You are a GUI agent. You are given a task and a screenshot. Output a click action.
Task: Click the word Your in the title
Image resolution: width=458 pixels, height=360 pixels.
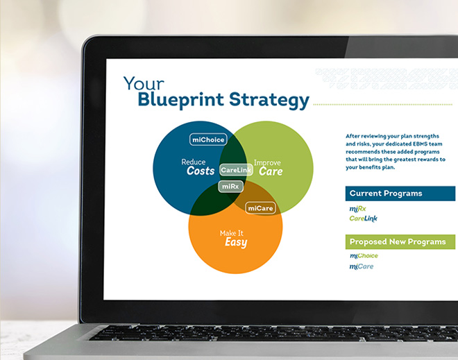click(x=144, y=83)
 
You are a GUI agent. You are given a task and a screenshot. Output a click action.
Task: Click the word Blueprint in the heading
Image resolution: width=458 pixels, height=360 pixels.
click(x=181, y=100)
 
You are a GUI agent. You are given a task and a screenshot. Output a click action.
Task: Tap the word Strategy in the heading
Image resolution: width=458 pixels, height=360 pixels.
click(x=269, y=100)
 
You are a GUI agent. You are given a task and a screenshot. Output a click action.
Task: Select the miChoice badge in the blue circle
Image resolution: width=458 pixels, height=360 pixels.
click(x=208, y=139)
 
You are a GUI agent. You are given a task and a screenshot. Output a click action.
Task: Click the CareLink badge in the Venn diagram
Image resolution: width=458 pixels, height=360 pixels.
click(x=236, y=170)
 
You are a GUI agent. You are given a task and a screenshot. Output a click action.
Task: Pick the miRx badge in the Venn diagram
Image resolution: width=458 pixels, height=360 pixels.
click(x=230, y=187)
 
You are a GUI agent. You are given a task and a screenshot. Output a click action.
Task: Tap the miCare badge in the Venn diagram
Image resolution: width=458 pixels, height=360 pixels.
click(x=260, y=208)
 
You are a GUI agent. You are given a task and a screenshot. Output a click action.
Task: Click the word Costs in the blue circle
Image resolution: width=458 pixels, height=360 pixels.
click(x=201, y=171)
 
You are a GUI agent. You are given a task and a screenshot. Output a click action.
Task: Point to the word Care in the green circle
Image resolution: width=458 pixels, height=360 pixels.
click(x=271, y=171)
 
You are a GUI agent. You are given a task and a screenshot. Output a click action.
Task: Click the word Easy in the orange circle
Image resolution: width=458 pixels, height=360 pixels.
click(x=236, y=242)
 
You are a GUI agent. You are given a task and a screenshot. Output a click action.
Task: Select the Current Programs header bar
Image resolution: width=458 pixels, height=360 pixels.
click(x=400, y=194)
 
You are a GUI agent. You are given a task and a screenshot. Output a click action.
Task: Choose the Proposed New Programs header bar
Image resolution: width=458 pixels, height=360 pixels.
click(x=400, y=242)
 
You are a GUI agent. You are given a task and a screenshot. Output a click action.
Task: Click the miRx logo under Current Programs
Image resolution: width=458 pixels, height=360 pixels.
click(x=357, y=209)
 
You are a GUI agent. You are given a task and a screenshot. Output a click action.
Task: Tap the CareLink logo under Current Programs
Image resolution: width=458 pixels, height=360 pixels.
click(x=364, y=218)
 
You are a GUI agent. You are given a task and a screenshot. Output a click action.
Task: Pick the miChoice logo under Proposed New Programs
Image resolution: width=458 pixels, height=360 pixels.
click(x=364, y=256)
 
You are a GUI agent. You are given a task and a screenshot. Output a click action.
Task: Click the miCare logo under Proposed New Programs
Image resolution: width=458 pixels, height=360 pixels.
click(x=362, y=266)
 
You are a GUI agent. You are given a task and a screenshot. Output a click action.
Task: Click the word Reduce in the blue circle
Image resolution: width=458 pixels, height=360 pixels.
click(x=194, y=162)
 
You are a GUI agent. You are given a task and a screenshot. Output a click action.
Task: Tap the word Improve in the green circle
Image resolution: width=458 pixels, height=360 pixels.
click(x=267, y=163)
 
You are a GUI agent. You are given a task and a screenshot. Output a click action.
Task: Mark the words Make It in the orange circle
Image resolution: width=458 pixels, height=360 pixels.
click(x=231, y=233)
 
